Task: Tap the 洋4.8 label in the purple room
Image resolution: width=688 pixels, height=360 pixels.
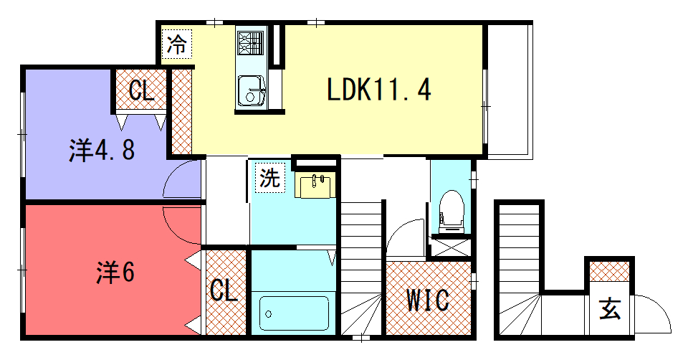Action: point(102,151)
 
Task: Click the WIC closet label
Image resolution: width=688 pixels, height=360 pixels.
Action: point(428,299)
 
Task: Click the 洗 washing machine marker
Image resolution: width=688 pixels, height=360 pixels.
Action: point(270,178)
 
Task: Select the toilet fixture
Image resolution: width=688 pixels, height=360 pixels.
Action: point(451,208)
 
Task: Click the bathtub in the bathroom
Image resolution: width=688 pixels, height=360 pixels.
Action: point(295,313)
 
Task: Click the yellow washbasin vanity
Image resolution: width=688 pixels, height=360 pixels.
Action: point(315,185)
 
